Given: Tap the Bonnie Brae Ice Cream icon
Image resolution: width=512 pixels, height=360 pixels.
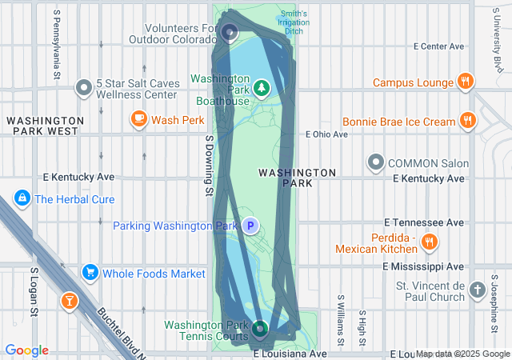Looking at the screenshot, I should point(468,122).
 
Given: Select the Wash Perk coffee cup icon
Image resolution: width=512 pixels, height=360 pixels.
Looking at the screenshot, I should point(138,120).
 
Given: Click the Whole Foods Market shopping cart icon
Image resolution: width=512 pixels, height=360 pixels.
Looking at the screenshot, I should point(90,274).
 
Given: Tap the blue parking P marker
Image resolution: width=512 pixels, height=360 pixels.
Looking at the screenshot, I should point(250,226).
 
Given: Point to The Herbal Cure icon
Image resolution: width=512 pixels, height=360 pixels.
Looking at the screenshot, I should point(22,198).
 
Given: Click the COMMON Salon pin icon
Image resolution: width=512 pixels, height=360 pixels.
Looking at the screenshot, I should point(376,163).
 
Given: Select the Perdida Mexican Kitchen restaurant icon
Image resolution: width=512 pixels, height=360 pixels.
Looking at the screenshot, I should point(430,242).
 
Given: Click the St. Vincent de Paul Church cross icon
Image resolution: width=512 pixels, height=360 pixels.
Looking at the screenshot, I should point(478,290).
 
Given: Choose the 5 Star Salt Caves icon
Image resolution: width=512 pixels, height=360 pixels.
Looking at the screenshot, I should point(83,88).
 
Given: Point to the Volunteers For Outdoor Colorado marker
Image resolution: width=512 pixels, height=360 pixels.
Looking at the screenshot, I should point(230,33).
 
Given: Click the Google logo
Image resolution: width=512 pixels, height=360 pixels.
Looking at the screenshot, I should point(26,350).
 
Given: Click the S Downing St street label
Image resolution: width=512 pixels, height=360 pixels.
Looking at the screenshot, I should point(209,165).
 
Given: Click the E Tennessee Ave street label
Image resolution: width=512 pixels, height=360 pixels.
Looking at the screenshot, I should point(424,222).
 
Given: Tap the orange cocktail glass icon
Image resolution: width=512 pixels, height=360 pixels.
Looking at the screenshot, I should point(70,301).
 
